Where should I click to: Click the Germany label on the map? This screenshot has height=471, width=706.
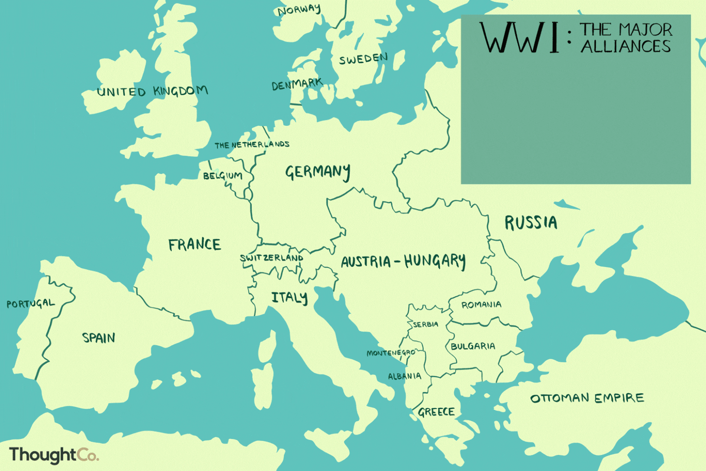coord(317,172)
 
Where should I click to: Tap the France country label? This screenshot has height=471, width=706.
coord(195,244)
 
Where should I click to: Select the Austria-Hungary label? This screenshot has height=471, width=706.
coord(403,262)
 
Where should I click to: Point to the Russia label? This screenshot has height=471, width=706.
coord(531,223)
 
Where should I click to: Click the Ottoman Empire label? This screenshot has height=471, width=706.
coord(587,398)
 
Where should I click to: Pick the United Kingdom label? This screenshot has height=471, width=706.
coord(152,91)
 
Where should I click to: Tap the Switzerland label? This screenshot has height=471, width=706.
coord(271,258)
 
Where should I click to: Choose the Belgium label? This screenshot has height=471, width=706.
coord(223,176)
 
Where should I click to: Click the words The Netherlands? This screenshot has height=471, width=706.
coord(252,145)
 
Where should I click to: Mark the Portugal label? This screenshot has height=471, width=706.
coord(31,304)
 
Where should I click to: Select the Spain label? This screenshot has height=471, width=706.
coord(99,337)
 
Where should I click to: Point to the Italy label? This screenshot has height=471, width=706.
coord(289,298)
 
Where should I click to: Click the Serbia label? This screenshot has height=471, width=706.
coord(426,324)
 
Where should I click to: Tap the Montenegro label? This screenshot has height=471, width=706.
coord(391,353)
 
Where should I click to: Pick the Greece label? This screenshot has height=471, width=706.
coord(436,412)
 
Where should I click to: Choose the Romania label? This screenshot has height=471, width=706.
coord(481,305)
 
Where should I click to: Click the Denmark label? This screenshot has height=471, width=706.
coord(296,84)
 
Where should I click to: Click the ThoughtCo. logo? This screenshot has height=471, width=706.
coord(54,455)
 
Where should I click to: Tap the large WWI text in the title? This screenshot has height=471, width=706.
coord(519,38)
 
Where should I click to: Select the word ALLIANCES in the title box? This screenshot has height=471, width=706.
coord(625,47)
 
